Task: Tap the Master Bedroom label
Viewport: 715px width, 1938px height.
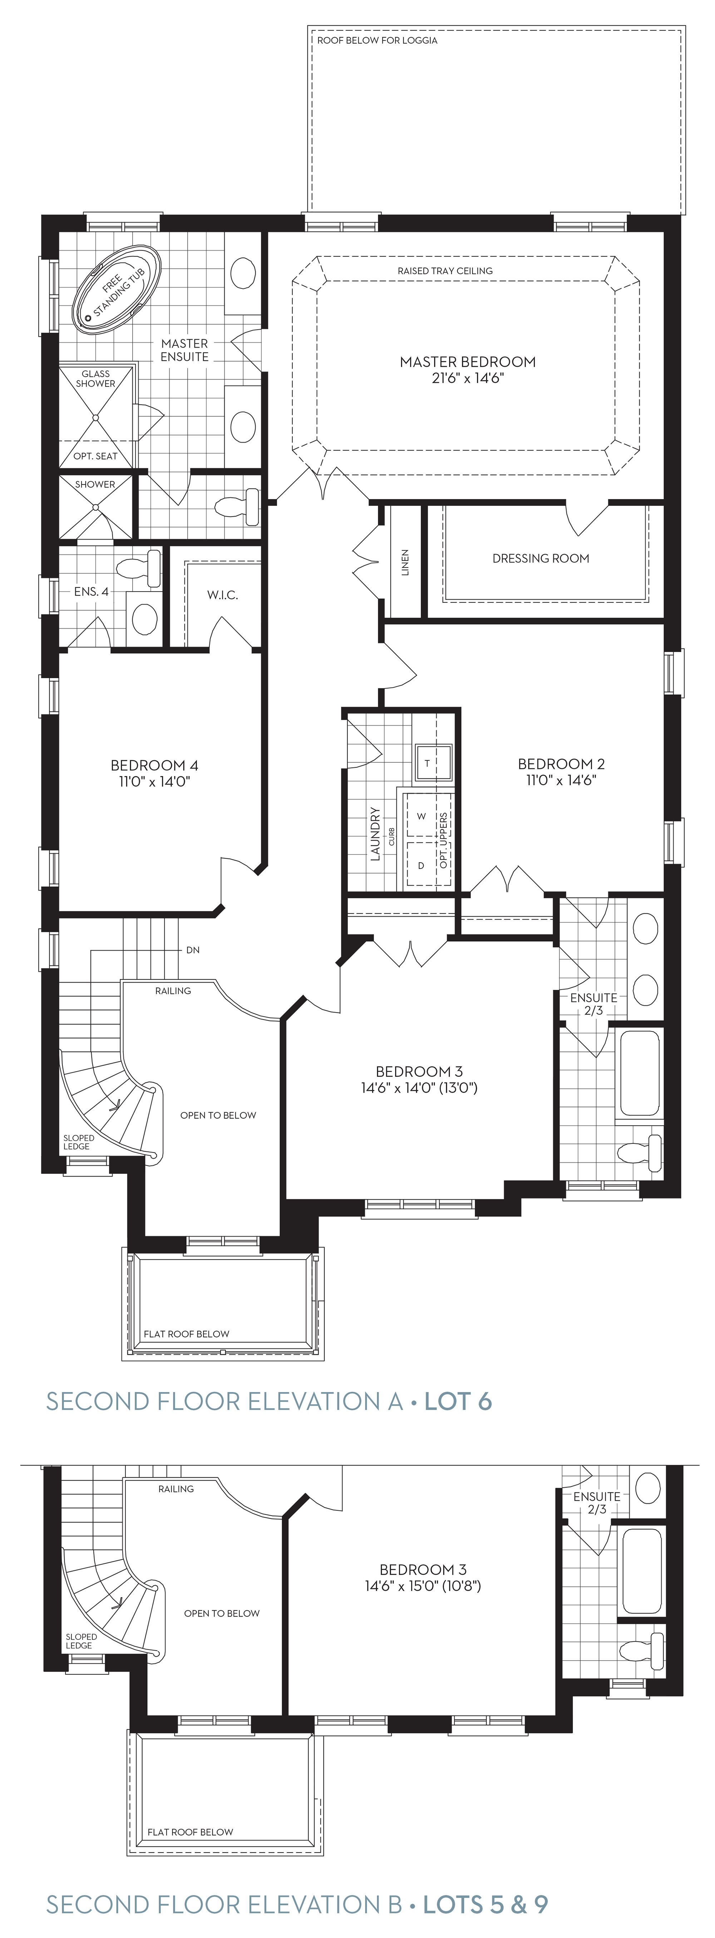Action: tap(468, 362)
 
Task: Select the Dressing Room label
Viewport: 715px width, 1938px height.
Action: tap(541, 558)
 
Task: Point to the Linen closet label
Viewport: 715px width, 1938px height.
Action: tap(405, 562)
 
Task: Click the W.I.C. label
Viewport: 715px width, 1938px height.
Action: tap(223, 595)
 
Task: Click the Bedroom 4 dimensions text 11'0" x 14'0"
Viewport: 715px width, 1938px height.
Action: tap(154, 782)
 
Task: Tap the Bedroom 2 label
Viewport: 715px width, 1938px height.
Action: tap(561, 764)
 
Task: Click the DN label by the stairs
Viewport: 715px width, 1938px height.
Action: tap(193, 950)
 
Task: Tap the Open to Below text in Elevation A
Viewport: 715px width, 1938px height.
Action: tap(218, 1115)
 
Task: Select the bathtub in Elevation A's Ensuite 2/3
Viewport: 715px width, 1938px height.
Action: tap(640, 1072)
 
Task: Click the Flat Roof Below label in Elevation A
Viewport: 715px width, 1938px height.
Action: tap(187, 1334)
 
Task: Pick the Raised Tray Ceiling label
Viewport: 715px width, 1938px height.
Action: tap(445, 271)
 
